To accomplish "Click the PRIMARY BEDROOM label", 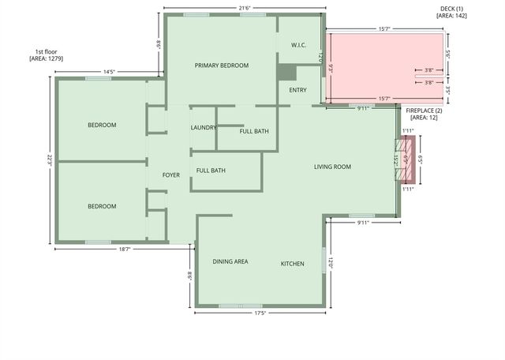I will (x=222, y=66).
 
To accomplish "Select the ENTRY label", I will (x=297, y=90).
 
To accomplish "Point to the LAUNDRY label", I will (x=204, y=127).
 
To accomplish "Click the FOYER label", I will (x=171, y=174).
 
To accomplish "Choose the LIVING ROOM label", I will (x=332, y=167).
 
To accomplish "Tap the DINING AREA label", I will (x=230, y=261).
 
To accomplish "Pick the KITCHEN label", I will (x=293, y=264).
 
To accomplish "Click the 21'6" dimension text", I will (x=245, y=8).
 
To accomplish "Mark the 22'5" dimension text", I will (x=48, y=159).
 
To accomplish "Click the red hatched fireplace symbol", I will (x=407, y=159).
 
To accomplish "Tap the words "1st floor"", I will (x=46, y=51).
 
